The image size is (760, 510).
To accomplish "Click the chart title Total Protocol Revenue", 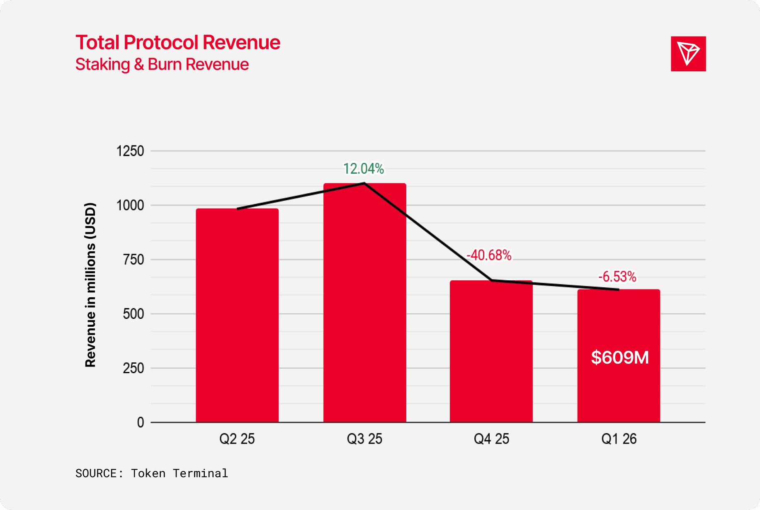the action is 178,42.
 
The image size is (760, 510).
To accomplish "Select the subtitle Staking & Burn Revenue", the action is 162,64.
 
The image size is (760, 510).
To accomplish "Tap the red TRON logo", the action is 688,54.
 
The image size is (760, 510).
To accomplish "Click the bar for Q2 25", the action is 237,316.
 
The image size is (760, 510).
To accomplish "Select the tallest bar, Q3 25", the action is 364,303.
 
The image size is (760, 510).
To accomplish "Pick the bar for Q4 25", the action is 491,352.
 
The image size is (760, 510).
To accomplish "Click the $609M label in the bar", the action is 620,357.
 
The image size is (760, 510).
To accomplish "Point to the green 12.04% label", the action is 364,169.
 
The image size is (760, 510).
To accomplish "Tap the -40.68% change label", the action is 489,255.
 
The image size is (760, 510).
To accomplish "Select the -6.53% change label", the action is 617,277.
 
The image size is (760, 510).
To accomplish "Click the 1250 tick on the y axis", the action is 130,151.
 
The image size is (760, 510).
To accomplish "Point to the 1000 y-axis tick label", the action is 130,205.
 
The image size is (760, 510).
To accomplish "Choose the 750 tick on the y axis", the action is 134,260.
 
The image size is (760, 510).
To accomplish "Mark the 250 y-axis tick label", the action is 134,368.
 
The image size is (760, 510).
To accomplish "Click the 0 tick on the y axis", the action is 141,423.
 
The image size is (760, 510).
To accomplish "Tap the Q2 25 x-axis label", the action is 237,439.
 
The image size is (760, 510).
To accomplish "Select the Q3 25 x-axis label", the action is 364,439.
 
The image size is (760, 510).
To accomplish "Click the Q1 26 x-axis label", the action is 619,439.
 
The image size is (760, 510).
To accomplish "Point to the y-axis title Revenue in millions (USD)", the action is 90,285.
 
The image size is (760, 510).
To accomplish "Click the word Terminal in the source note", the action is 200,474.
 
